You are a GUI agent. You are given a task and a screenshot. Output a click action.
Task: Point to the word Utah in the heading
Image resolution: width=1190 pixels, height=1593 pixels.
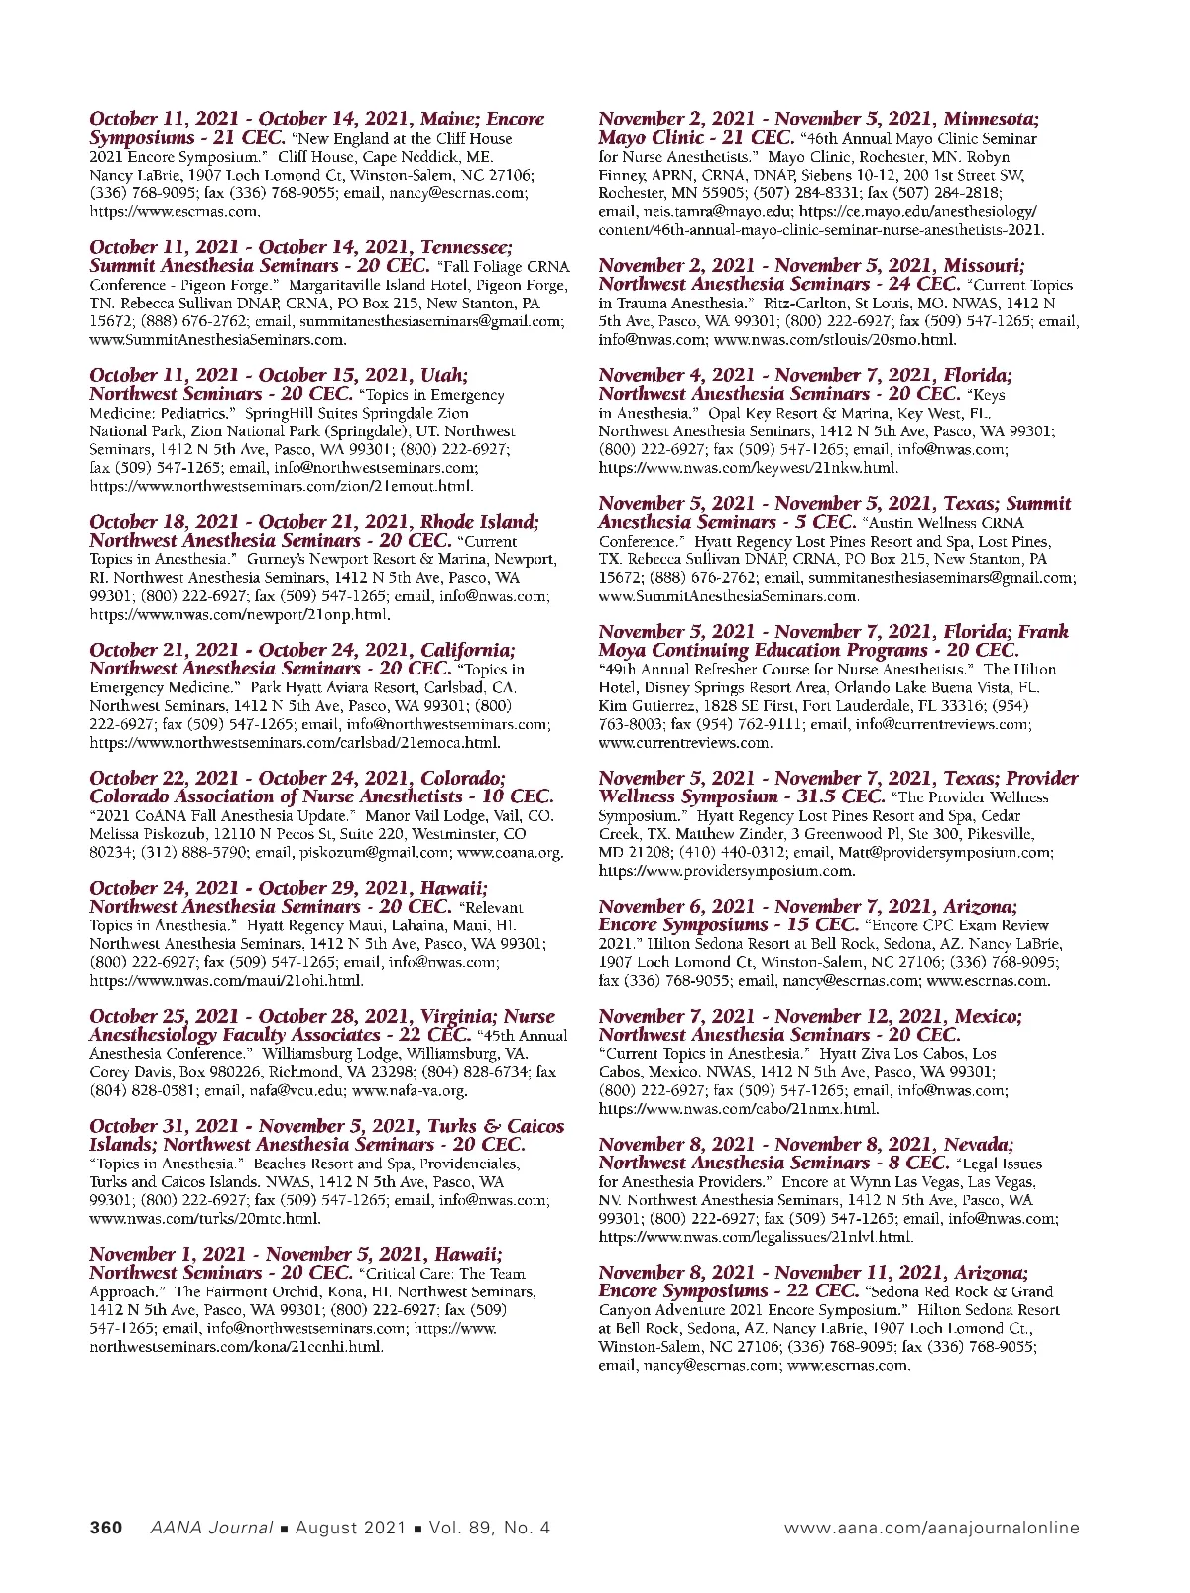(x=443, y=375)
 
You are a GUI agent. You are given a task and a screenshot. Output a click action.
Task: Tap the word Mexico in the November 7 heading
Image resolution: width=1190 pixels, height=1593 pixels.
(x=988, y=1016)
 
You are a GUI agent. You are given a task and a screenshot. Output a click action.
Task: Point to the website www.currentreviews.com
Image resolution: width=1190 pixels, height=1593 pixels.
(x=684, y=742)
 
